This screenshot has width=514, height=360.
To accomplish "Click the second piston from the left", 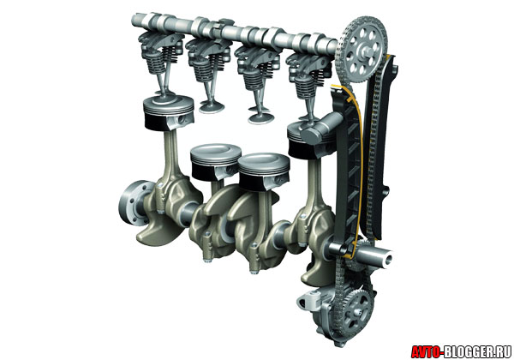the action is tap(216, 162).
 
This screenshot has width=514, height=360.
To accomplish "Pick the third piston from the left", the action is tap(264, 171).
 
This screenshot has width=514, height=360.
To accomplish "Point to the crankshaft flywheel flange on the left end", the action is tap(133, 203).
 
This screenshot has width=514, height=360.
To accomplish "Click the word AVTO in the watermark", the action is tap(427, 351).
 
